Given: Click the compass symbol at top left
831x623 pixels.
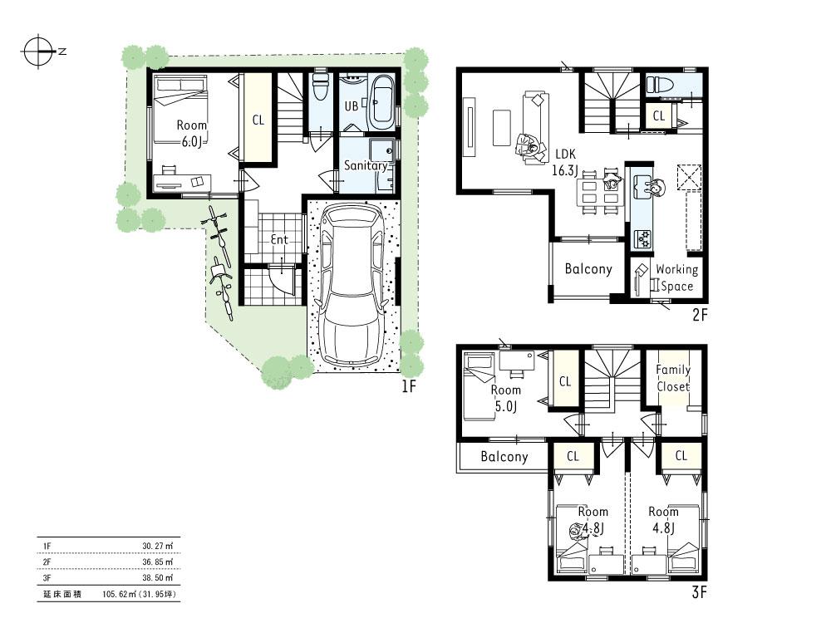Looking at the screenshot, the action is [38, 52].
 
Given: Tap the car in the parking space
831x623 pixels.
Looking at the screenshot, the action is [352, 284].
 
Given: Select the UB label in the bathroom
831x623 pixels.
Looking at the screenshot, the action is [352, 106].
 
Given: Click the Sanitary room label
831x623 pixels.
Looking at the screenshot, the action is [366, 165].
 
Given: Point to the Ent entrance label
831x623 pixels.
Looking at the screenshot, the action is [279, 239].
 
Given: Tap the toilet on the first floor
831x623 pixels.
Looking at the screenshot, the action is [321, 86].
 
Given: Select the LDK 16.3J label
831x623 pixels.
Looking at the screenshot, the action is [565, 162].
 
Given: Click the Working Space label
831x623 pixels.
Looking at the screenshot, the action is [676, 277].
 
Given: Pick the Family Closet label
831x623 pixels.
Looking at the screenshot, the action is [673, 378].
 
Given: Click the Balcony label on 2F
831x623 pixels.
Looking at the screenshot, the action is [588, 269].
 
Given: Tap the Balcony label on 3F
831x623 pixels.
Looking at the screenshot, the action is [504, 457].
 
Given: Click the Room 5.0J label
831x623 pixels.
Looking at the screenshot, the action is [506, 398].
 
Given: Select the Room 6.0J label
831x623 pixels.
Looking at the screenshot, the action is [191, 133].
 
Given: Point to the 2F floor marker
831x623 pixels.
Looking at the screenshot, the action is [700, 315].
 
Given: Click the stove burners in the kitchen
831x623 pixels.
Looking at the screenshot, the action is [643, 239].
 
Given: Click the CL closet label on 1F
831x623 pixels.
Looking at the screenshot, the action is [258, 120].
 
